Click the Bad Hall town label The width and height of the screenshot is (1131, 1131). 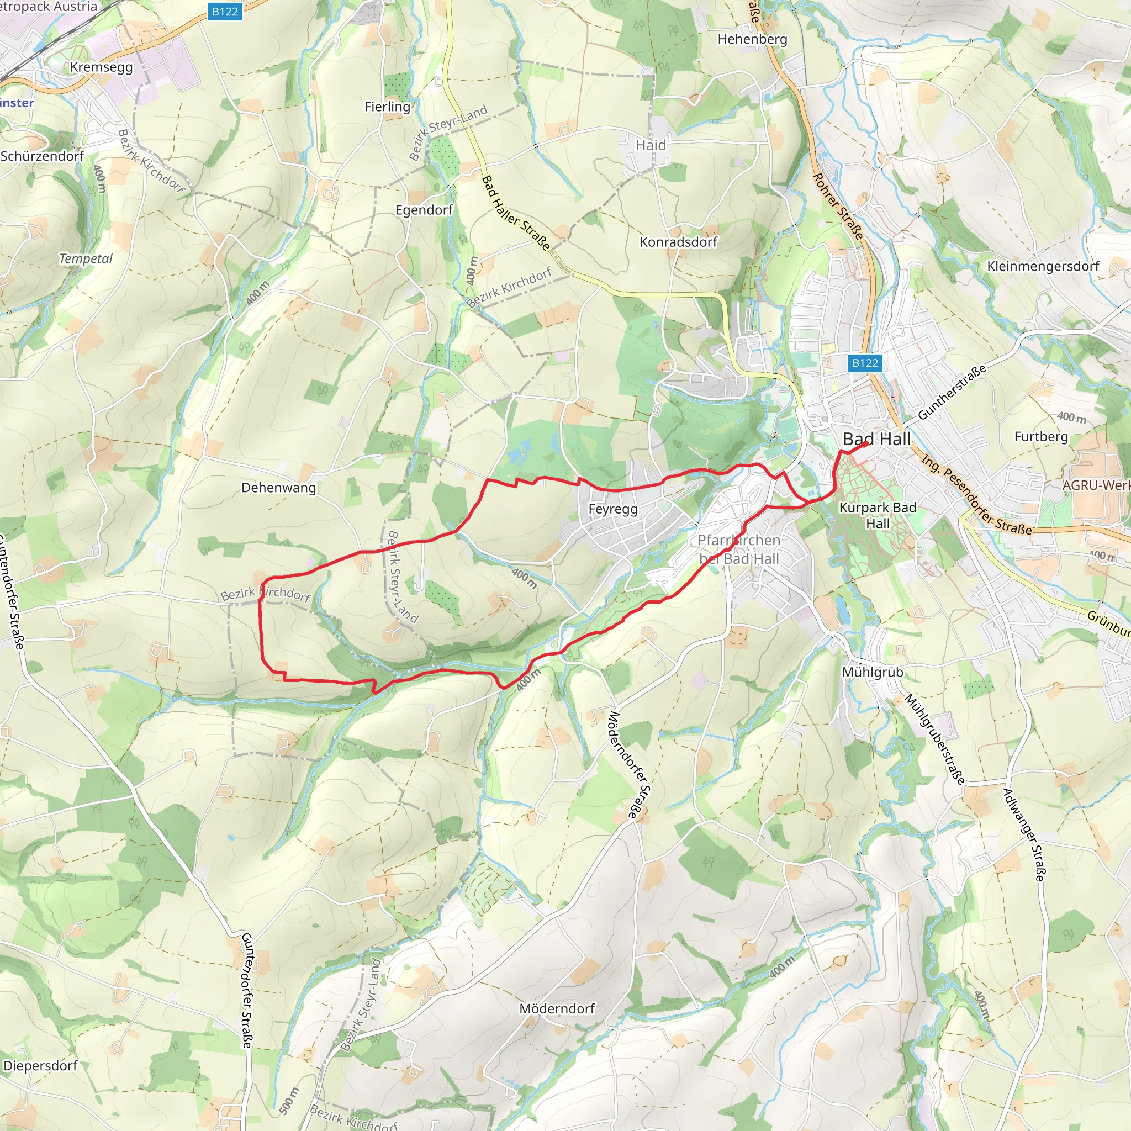point(876,439)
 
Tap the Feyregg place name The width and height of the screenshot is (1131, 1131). point(612,509)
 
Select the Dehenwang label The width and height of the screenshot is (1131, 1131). point(278,488)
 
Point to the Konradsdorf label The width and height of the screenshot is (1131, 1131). point(678,242)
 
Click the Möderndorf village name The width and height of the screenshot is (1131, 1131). point(557,1008)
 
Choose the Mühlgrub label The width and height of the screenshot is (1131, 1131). point(872,672)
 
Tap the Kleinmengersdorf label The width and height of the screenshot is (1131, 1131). point(1043,266)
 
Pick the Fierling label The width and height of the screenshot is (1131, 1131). point(387,107)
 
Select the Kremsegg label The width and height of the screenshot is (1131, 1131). point(101,67)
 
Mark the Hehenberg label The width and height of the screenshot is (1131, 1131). point(752,39)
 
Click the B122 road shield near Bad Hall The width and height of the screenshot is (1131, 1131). point(865,363)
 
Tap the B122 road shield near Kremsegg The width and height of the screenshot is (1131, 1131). point(225,11)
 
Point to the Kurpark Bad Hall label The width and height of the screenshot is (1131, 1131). point(878,515)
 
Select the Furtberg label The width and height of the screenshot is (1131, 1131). point(1041,437)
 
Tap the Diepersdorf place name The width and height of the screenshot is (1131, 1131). point(40,1065)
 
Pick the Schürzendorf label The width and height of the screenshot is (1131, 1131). point(42,156)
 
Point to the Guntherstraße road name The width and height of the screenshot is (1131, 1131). point(952,392)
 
